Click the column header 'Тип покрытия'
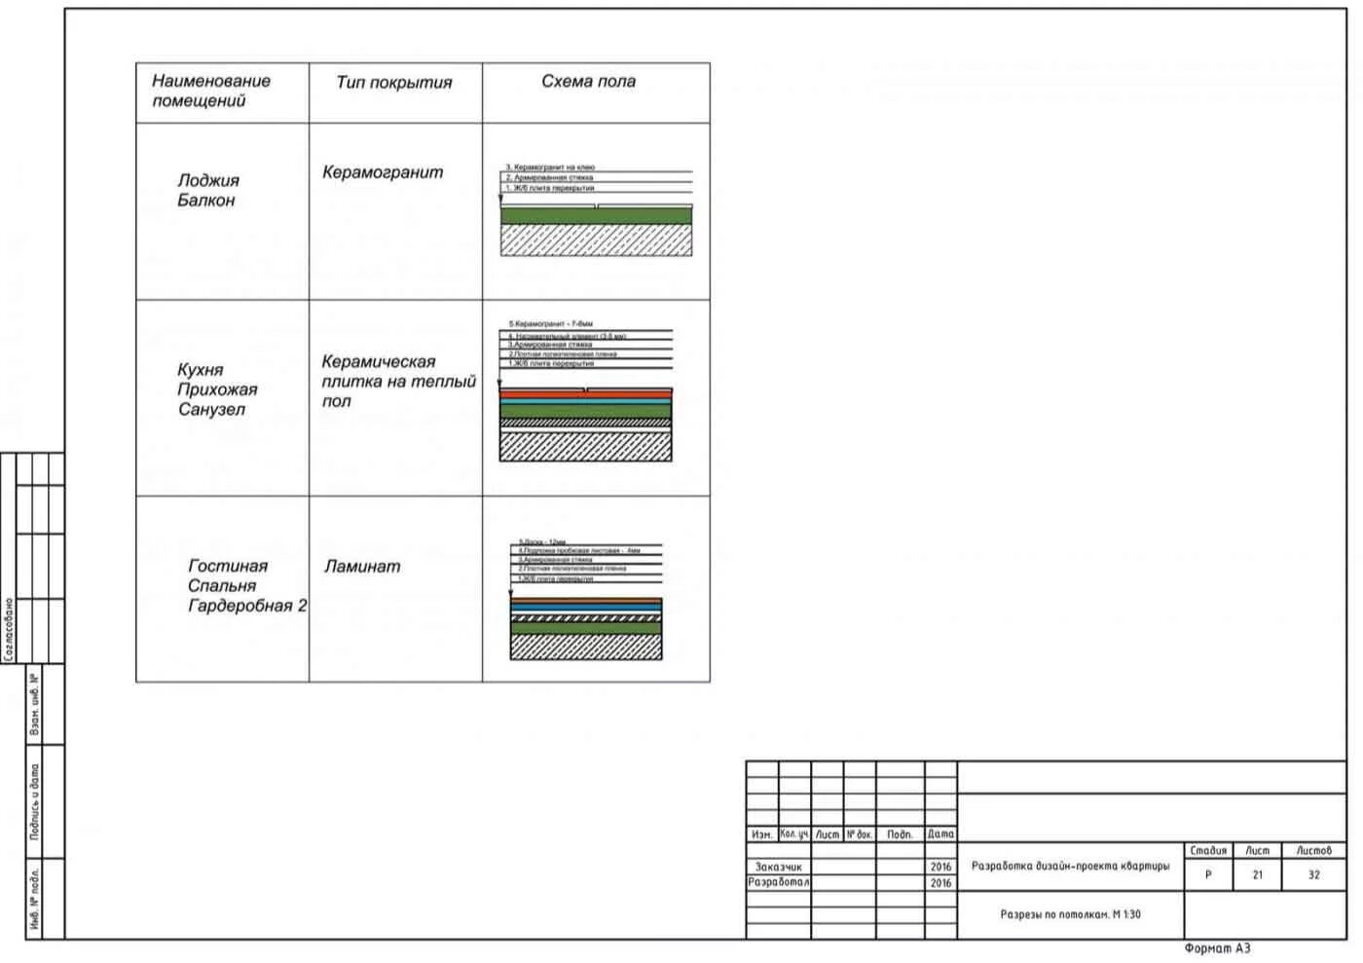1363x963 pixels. (394, 83)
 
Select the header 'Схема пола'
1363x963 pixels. (588, 82)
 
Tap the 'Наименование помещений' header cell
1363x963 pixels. (210, 91)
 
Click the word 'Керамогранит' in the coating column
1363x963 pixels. (383, 172)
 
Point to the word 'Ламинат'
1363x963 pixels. (362, 567)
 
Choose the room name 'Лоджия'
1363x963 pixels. (208, 180)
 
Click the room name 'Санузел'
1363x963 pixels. (211, 410)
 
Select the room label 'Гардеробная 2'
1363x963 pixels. (247, 606)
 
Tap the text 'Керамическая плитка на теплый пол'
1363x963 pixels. (398, 381)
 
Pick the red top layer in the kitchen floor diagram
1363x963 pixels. (585, 394)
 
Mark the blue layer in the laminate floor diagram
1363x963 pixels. (585, 608)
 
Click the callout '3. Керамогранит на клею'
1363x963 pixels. (550, 167)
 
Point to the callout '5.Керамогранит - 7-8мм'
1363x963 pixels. (551, 323)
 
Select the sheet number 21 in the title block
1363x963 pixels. (1257, 874)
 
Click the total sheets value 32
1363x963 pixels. (1313, 874)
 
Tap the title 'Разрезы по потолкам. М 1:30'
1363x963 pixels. (1070, 914)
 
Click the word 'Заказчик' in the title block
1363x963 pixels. (779, 867)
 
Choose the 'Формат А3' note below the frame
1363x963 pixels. (1217, 948)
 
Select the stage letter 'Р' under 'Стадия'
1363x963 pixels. (1208, 874)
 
